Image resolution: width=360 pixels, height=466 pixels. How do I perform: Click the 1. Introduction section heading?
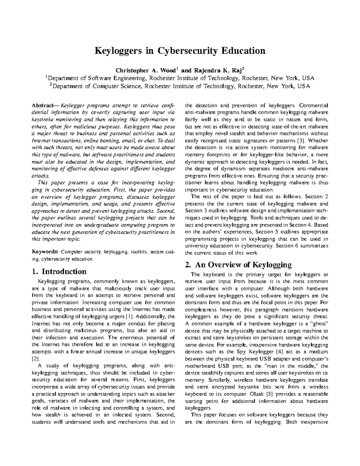[x=59, y=272]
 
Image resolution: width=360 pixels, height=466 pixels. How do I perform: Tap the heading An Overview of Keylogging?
[x=243, y=265]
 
